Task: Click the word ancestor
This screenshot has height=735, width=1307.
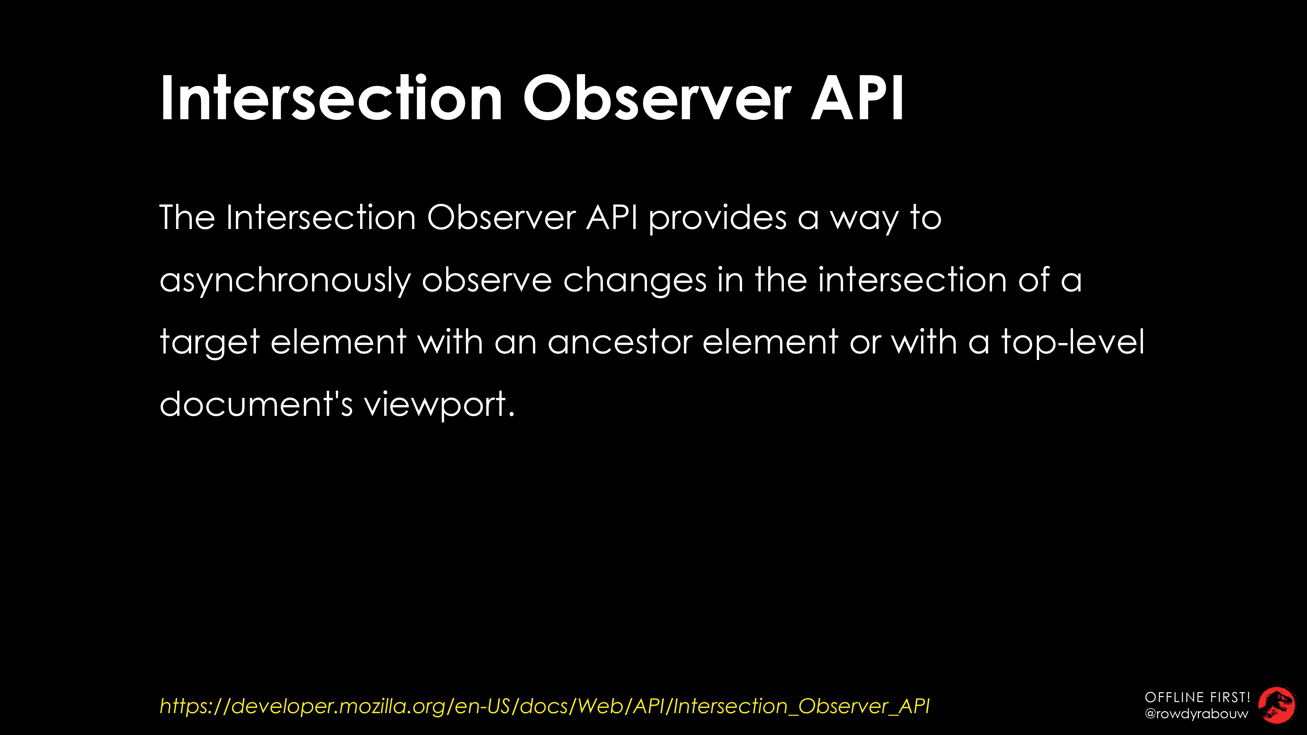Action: (x=620, y=342)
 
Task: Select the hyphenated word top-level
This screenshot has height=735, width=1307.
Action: (x=1073, y=342)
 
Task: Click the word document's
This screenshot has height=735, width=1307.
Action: (x=256, y=404)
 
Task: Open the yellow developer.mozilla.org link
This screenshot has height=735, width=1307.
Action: (x=544, y=706)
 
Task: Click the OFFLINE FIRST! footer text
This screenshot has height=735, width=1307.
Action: (x=1197, y=697)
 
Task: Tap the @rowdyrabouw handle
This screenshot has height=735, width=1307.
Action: (x=1196, y=714)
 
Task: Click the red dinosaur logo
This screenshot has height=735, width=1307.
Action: (x=1277, y=705)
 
